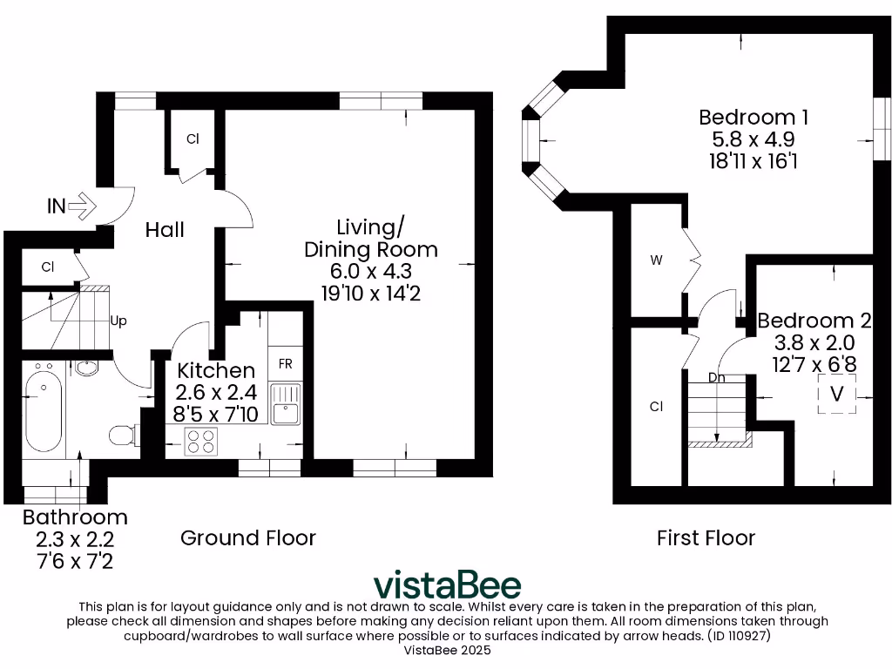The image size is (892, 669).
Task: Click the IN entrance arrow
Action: click(82, 206)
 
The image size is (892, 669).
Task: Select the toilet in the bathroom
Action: click(123, 433)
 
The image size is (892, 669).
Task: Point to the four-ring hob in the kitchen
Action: click(201, 442)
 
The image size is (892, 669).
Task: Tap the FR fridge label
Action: click(285, 363)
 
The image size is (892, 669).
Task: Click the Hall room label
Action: click(165, 230)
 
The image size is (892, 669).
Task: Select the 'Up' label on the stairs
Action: click(118, 321)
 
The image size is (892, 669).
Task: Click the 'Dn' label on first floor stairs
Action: click(717, 378)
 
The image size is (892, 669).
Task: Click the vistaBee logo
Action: click(447, 585)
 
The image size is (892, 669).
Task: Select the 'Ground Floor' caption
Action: click(248, 537)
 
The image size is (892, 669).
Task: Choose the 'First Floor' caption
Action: click(706, 537)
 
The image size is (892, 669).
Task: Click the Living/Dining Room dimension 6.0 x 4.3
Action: click(370, 272)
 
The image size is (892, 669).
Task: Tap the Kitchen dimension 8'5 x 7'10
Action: click(217, 414)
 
